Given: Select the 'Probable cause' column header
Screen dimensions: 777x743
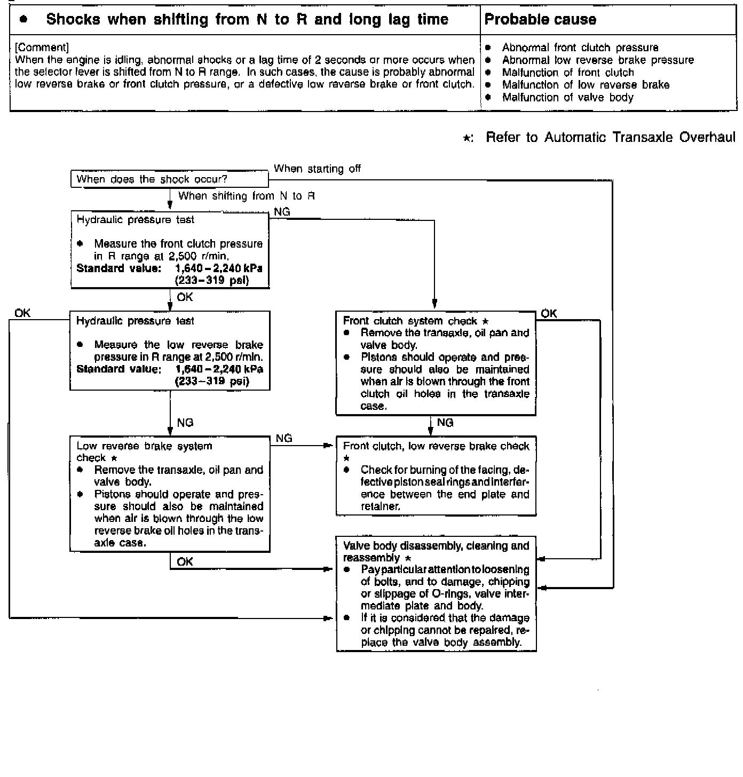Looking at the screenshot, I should [x=540, y=20].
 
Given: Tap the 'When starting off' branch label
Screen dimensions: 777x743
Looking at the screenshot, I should [x=317, y=169].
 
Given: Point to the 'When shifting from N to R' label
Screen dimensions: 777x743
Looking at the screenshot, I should [x=246, y=196].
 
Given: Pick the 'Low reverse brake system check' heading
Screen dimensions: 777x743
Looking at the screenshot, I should [x=144, y=451].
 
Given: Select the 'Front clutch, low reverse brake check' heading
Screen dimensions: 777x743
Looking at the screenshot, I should [x=436, y=446].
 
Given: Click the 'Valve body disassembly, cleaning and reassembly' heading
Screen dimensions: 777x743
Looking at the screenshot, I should [x=436, y=551].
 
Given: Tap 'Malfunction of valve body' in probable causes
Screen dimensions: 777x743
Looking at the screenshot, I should [x=567, y=97].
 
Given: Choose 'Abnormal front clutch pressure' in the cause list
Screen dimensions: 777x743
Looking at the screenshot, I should [x=580, y=47].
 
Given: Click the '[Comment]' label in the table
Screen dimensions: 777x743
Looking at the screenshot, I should [x=42, y=47].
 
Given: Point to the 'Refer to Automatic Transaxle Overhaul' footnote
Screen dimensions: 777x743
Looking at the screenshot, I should [x=610, y=138].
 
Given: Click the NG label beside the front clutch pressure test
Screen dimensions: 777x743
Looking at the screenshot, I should [x=282, y=212].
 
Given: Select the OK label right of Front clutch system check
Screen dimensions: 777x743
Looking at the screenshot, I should [x=549, y=313].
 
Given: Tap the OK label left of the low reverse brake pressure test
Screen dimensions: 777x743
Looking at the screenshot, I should [x=22, y=313].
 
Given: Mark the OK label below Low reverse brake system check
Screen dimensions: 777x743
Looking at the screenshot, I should [x=185, y=561].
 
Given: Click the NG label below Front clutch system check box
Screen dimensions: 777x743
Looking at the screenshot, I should [x=445, y=423].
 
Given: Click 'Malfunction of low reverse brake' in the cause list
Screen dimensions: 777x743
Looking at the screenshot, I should [x=586, y=85].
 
